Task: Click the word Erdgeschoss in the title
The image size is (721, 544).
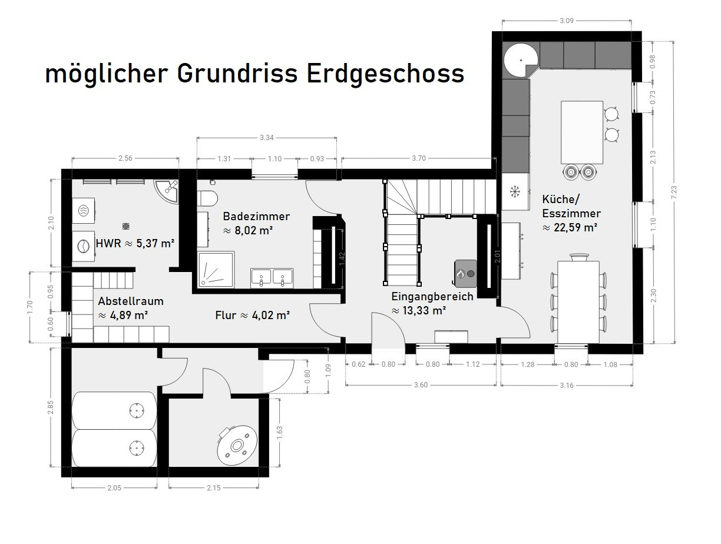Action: click(x=385, y=74)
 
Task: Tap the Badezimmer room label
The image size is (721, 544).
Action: click(x=256, y=216)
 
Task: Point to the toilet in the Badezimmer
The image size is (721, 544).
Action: click(x=207, y=198)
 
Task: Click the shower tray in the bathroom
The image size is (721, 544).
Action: click(x=216, y=269)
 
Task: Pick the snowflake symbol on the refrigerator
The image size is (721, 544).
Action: click(x=515, y=191)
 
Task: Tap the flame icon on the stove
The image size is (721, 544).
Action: click(x=460, y=273)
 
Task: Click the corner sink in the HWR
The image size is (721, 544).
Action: click(x=167, y=191)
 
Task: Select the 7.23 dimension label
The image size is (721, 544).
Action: click(x=674, y=193)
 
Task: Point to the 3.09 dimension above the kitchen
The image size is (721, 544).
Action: click(x=567, y=21)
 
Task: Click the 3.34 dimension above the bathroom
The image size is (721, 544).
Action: click(x=266, y=138)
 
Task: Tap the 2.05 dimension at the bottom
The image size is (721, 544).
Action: click(x=114, y=488)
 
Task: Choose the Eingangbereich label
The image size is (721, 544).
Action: click(x=432, y=297)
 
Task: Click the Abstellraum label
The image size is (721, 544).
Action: click(x=131, y=301)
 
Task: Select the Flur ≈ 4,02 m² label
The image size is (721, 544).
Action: click(x=252, y=315)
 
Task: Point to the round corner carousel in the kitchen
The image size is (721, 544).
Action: click(x=521, y=61)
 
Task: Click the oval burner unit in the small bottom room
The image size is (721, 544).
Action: click(x=237, y=446)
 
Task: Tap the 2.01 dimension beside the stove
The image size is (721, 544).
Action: click(x=498, y=256)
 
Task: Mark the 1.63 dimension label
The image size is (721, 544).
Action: click(x=280, y=432)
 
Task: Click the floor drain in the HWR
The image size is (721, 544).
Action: click(x=125, y=226)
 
